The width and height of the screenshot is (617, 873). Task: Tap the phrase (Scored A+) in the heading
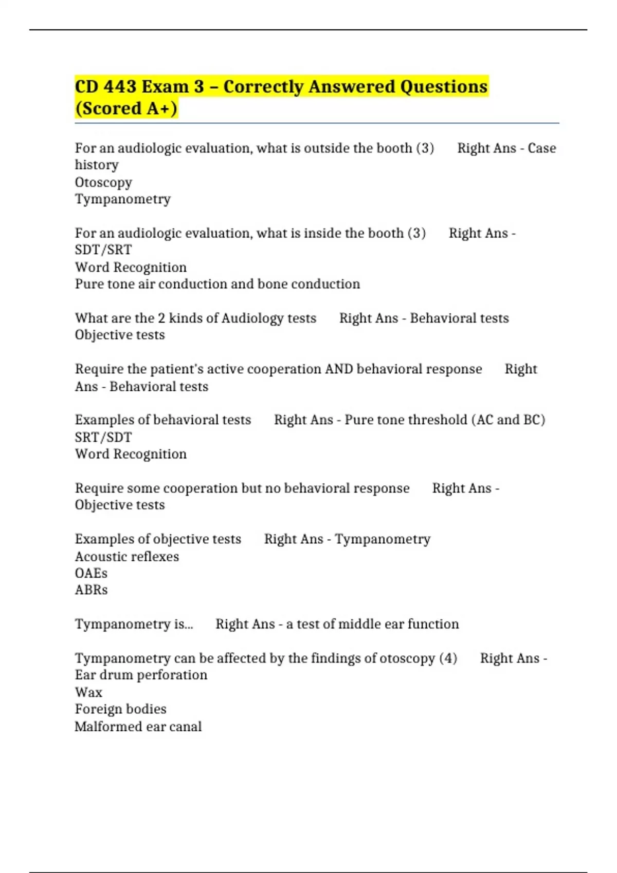[x=126, y=109]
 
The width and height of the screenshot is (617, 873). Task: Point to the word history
[x=97, y=165]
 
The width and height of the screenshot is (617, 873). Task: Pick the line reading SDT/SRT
[x=103, y=250]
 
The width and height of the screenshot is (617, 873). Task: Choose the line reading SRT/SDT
[x=103, y=438]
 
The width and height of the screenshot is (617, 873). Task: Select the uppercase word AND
[x=339, y=369]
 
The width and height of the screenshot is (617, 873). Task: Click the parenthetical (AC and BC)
[x=508, y=420]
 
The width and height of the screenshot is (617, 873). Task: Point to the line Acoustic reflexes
[x=127, y=557]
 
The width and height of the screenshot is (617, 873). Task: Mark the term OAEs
[x=91, y=574]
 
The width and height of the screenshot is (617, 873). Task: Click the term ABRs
[x=91, y=590]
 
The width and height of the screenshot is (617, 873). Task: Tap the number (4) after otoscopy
[x=448, y=658]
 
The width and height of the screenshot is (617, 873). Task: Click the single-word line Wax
[x=88, y=692]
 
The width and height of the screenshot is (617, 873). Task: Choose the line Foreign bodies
[x=120, y=709]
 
